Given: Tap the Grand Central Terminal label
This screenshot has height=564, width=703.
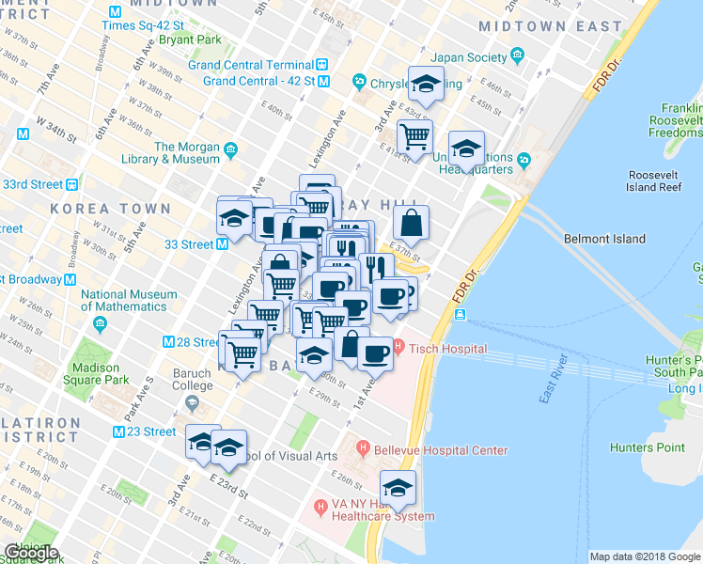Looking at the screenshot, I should (251, 65).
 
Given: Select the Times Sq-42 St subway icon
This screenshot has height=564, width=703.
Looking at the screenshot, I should (115, 12).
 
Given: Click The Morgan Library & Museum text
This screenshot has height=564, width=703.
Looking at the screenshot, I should (187, 153).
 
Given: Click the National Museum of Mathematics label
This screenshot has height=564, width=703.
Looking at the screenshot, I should (129, 300).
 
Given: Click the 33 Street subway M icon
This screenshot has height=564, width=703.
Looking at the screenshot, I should (223, 244).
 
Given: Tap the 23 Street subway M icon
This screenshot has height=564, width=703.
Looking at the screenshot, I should (119, 431).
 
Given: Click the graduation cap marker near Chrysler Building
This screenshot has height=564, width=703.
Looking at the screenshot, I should (426, 83).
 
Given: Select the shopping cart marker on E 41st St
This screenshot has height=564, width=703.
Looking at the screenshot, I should (414, 136).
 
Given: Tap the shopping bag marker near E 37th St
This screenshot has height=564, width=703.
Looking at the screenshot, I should (411, 223).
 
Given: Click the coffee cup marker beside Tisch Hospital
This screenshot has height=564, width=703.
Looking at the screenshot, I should (376, 353).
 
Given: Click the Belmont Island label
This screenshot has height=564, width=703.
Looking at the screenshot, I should (601, 239).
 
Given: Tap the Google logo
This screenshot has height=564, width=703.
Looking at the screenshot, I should (32, 553).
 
